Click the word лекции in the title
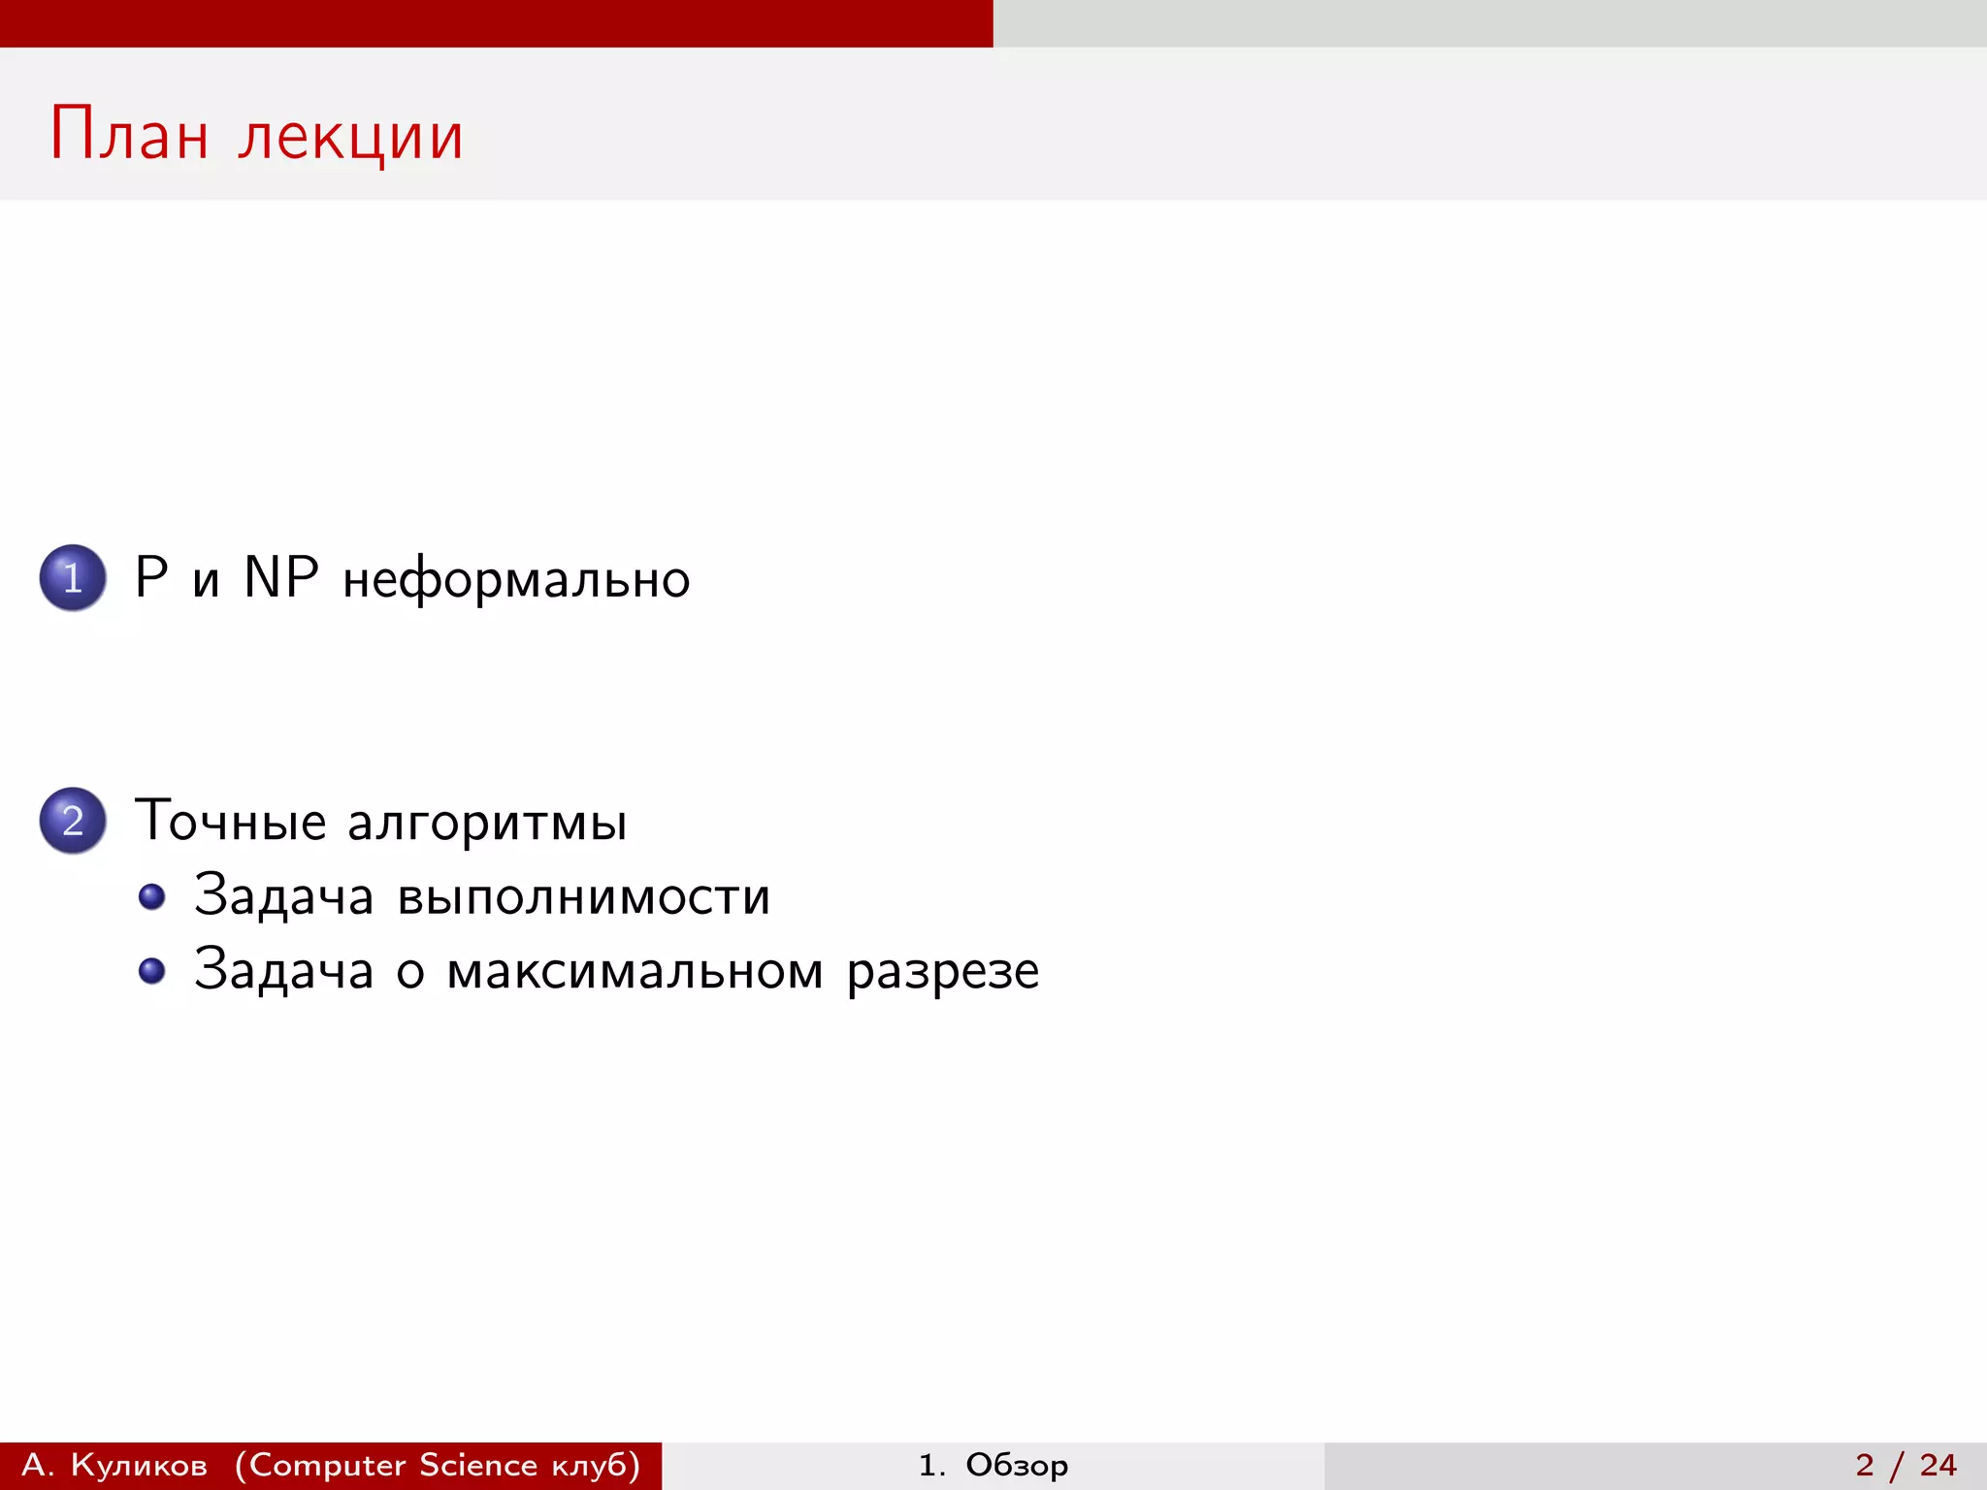[x=350, y=137]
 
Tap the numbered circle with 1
[x=73, y=578]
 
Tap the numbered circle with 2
[x=73, y=821]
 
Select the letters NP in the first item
[x=281, y=577]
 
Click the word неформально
[x=516, y=580]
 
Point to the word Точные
[x=230, y=821]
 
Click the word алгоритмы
[x=487, y=824]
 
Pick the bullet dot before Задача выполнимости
[x=151, y=896]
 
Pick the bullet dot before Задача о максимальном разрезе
[x=151, y=970]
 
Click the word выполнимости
[x=584, y=896]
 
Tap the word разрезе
[x=942, y=972]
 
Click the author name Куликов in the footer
[x=139, y=1465]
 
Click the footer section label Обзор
[x=1016, y=1465]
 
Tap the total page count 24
[x=1938, y=1465]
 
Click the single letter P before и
[x=151, y=577]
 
